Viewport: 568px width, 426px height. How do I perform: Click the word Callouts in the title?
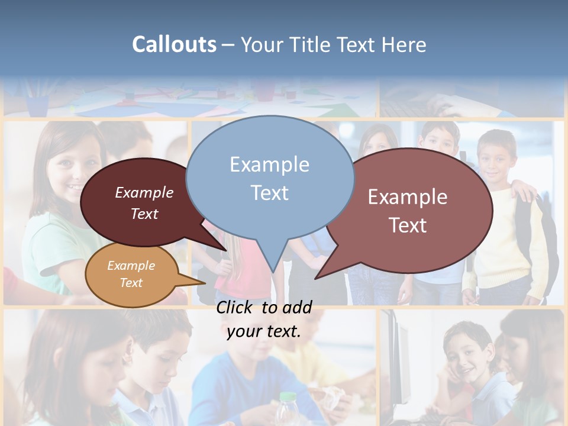[x=174, y=44]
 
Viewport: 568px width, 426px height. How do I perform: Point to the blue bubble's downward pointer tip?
[x=273, y=271]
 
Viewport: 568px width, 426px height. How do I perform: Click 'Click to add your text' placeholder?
[x=263, y=319]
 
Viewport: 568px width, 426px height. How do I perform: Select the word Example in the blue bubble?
[x=269, y=164]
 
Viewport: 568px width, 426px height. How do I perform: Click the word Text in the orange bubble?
[x=131, y=283]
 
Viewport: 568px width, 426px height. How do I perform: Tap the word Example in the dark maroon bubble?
[x=144, y=192]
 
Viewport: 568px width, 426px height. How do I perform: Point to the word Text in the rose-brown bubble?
[x=408, y=225]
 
